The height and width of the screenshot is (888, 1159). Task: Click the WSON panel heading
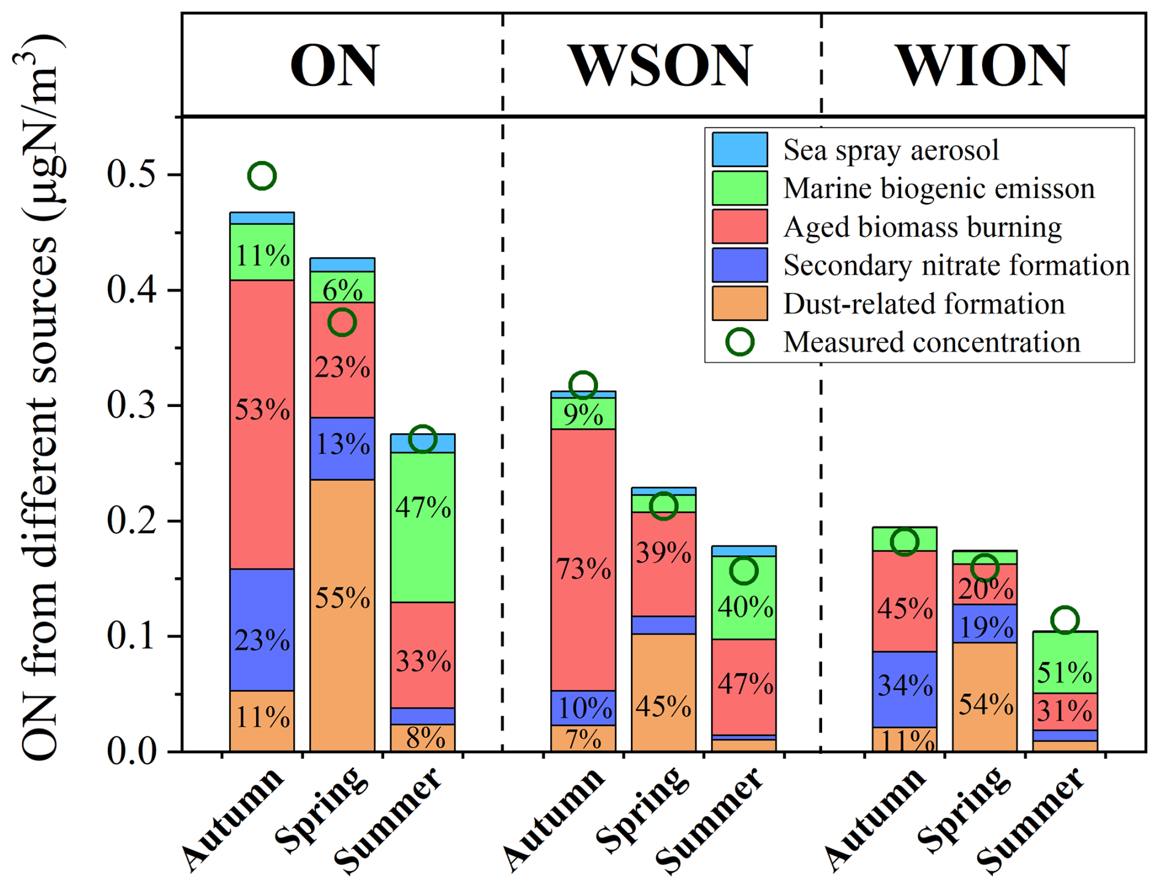click(x=661, y=65)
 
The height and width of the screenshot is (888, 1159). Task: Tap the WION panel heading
click(x=983, y=65)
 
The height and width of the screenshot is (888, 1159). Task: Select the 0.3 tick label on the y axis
click(x=132, y=405)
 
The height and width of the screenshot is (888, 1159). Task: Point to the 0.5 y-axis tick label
click(x=132, y=175)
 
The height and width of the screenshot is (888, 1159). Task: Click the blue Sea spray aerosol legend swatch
click(x=739, y=150)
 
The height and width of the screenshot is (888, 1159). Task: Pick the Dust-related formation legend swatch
click(x=739, y=303)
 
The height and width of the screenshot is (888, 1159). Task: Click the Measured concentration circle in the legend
click(x=739, y=342)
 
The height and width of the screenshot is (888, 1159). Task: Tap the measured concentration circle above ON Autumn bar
click(x=262, y=176)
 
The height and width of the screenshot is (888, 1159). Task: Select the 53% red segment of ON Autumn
click(x=262, y=425)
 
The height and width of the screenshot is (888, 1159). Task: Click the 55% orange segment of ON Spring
click(x=342, y=615)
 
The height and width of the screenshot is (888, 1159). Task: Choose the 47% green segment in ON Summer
click(x=423, y=527)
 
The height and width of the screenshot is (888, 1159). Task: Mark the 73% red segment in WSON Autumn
click(x=583, y=560)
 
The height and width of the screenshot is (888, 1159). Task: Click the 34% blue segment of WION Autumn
click(x=904, y=689)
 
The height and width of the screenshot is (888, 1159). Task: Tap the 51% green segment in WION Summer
click(x=1065, y=662)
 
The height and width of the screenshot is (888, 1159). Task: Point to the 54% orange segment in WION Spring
click(x=984, y=697)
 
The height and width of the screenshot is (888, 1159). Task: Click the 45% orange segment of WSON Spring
click(x=663, y=693)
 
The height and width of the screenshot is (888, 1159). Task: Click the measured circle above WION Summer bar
click(x=1065, y=620)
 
